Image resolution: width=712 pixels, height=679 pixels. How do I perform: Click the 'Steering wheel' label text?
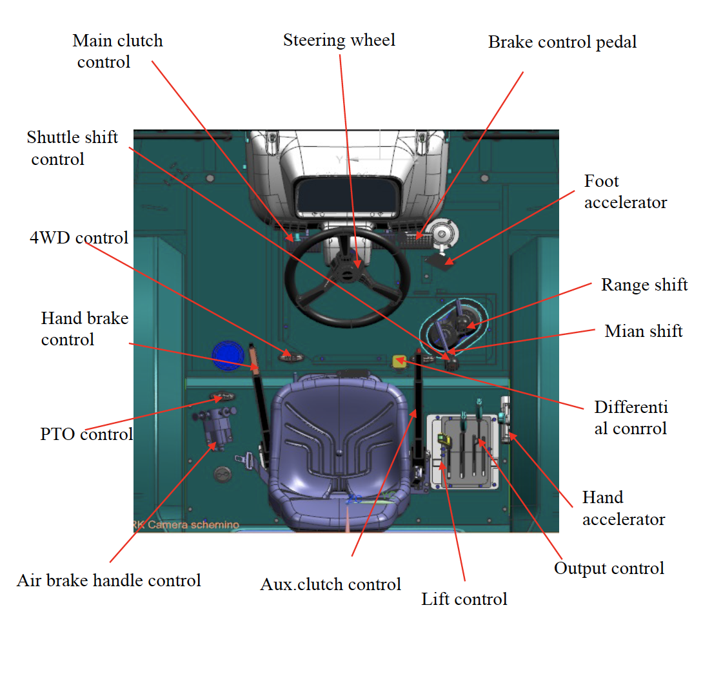point(339,41)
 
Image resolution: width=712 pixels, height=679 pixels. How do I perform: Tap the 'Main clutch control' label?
point(117,51)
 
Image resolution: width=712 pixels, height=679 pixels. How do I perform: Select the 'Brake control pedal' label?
point(562,43)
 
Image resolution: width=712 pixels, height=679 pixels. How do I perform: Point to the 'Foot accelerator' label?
point(625,191)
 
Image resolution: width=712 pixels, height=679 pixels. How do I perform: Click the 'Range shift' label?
point(644,285)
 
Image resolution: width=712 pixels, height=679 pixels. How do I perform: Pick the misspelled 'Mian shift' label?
point(644,331)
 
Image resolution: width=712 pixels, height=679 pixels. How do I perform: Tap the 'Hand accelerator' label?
point(623,508)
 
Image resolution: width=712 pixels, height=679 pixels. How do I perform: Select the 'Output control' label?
point(609,568)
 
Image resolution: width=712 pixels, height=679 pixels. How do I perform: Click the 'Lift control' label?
point(464,599)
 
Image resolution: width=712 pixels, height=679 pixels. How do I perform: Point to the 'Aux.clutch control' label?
point(330,584)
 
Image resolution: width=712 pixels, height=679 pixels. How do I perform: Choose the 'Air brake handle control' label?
point(109,580)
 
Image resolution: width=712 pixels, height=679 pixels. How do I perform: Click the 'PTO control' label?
point(86,434)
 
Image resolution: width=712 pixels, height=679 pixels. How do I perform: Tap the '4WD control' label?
point(79,238)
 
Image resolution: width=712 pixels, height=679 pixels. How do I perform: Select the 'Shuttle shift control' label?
point(72,148)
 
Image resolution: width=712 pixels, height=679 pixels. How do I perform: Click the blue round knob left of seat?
point(226,356)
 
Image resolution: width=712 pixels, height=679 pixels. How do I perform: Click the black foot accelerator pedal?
point(438,260)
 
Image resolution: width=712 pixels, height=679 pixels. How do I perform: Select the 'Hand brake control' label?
point(84,329)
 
